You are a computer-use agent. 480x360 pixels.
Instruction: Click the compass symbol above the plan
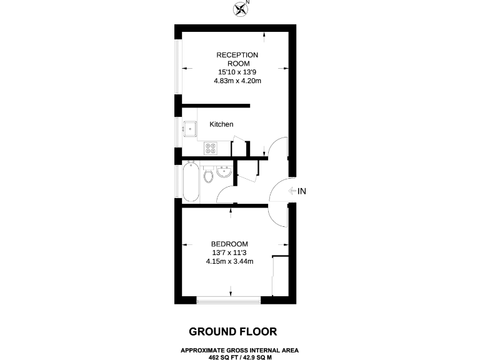pos(240,8)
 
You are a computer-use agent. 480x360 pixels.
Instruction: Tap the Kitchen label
pos(221,124)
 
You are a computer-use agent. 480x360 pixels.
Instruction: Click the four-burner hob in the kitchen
pos(210,149)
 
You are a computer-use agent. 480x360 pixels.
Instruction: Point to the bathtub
pos(192,181)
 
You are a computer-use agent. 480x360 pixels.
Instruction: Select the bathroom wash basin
pos(224,171)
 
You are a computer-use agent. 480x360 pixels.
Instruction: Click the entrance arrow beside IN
pos(292,191)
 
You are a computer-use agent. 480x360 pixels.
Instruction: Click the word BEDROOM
pos(229,244)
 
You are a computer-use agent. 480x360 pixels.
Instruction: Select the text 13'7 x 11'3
pos(229,252)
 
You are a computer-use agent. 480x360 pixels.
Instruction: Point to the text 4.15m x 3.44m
pos(229,261)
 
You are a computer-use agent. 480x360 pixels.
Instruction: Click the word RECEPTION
pos(237,55)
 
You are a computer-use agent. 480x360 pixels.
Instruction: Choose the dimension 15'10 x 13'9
pos(237,72)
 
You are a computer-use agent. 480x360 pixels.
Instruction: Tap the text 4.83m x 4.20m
pos(237,81)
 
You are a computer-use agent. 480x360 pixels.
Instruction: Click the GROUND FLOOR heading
pos(233,331)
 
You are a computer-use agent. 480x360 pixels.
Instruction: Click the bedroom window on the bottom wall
pos(229,301)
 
